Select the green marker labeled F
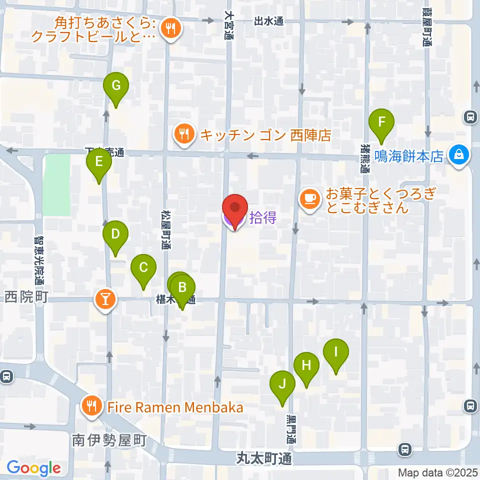pos(381,122)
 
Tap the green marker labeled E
pos(98,162)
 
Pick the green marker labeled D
pos(115,234)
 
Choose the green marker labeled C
pos(143,267)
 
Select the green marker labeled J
pos(282,384)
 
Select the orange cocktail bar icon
pos(105,299)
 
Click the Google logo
pos(33,468)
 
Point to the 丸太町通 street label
pos(263,458)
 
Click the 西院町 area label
pos(26,298)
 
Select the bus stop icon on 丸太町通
pos(404,449)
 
